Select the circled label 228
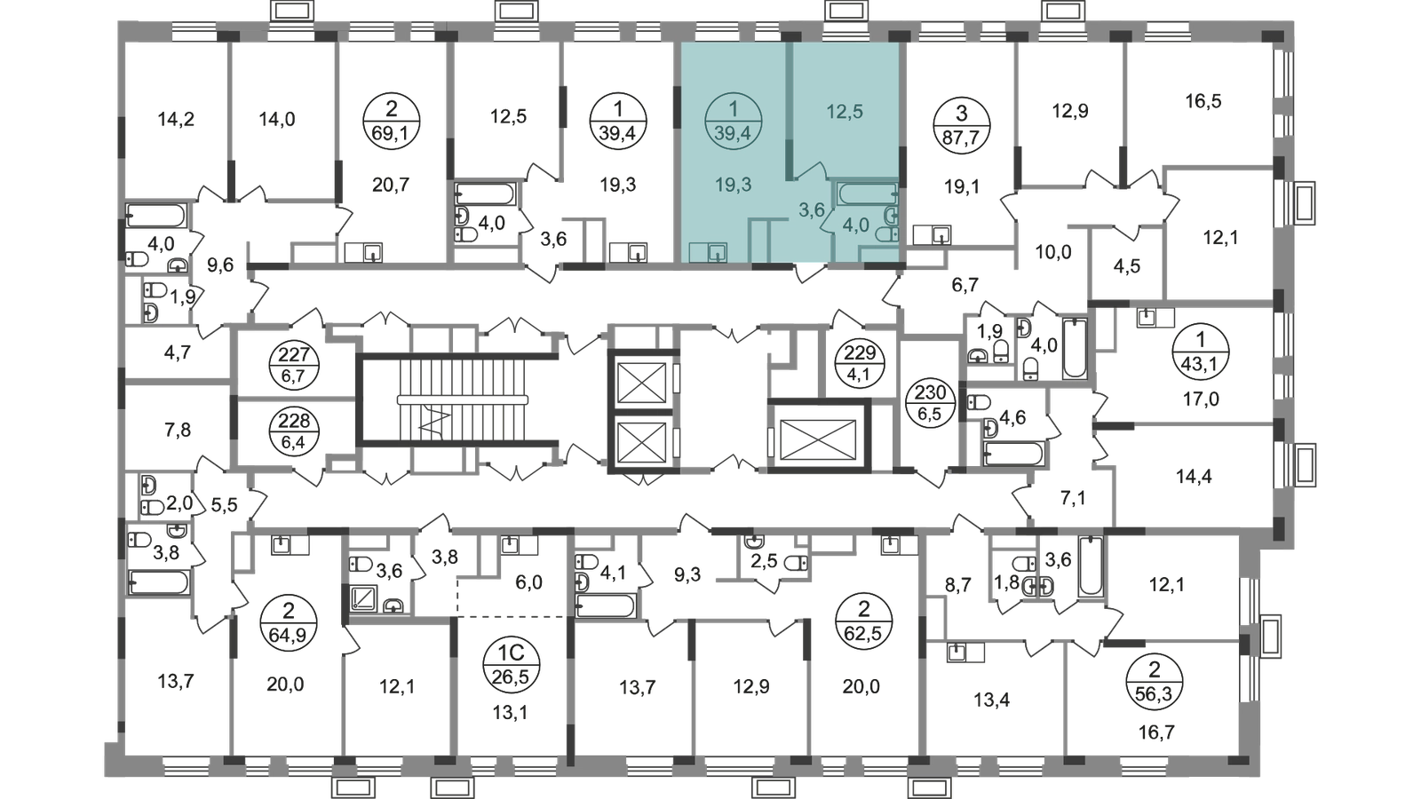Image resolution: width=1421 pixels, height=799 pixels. coord(294,431)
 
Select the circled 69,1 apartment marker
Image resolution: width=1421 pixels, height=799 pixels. coord(392,121)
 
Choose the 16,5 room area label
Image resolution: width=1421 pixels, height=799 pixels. coord(1203,101)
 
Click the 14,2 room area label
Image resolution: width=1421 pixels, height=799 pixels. coord(176,119)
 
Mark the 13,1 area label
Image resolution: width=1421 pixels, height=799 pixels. coord(510,713)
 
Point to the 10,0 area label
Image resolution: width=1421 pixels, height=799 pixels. coord(1053,252)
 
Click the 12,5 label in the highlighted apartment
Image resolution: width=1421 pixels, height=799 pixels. coord(845,112)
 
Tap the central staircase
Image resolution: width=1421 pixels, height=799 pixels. coord(458,400)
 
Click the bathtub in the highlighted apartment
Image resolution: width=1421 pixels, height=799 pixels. coord(867,194)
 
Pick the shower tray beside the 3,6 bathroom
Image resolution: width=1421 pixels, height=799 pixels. coord(364,598)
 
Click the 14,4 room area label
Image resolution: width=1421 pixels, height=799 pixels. coord(1194,476)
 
